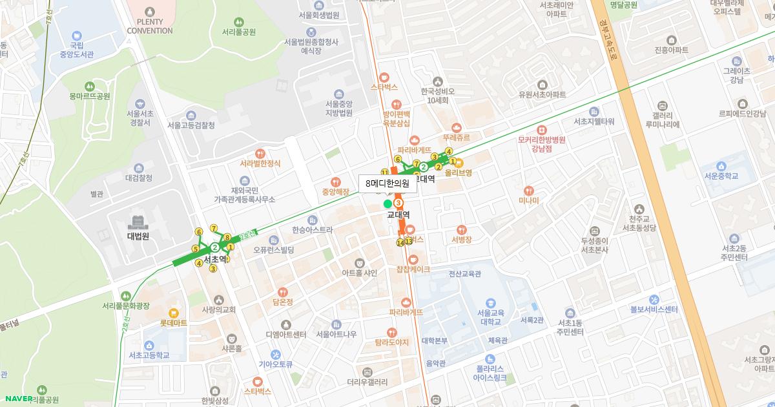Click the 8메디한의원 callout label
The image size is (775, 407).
click(387, 183)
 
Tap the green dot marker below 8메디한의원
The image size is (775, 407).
click(387, 204)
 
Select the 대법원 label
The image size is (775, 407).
click(138, 236)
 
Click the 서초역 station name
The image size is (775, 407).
click(215, 259)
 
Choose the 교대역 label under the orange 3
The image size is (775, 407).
click(399, 214)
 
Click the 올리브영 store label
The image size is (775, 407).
click(459, 172)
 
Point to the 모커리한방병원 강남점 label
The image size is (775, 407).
click(541, 143)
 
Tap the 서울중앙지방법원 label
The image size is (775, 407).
click(339, 108)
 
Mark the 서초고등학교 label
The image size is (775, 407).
click(149, 355)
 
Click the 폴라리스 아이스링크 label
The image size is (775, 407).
click(493, 371)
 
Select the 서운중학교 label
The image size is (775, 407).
click(721, 176)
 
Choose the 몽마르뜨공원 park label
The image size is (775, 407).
click(90, 96)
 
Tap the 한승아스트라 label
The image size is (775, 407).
click(313, 229)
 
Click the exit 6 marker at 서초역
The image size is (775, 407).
click(199, 232)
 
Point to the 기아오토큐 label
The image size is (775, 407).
click(276, 364)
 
